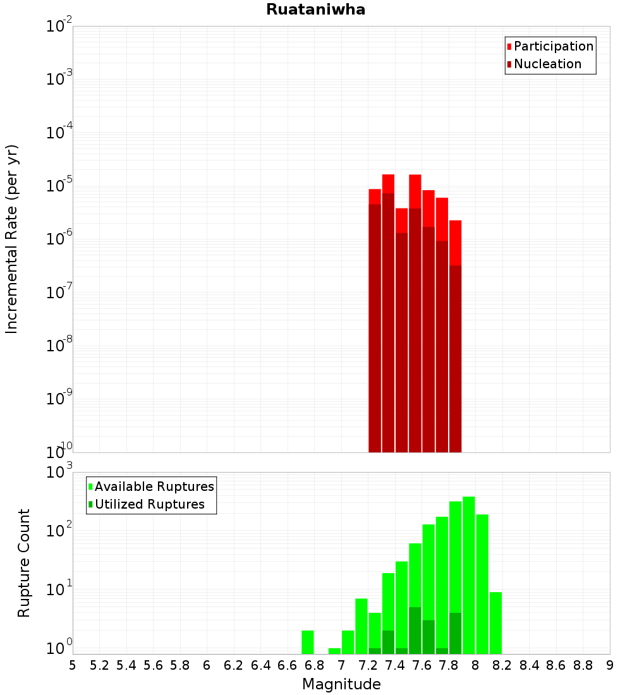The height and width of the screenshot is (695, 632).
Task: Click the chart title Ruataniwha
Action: (315, 9)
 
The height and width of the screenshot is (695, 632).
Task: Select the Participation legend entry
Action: (553, 46)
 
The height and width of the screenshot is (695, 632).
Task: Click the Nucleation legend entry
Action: (547, 64)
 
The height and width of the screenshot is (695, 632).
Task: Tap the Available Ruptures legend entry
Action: (154, 486)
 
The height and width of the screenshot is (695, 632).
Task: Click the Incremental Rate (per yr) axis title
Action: (12, 239)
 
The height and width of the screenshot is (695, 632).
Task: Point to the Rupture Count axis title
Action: (24, 562)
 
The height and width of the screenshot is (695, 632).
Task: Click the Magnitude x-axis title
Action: (341, 684)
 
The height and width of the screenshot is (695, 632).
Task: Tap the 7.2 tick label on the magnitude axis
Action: (368, 665)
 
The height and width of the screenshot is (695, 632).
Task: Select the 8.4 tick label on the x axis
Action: (529, 665)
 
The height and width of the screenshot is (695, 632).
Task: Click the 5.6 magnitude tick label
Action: (153, 665)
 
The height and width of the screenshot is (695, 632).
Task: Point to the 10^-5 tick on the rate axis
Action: (59, 185)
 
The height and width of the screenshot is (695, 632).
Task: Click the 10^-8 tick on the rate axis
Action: (59, 345)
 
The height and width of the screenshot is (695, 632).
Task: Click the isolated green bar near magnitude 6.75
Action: (308, 642)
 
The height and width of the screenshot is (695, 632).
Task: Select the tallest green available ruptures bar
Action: (468, 575)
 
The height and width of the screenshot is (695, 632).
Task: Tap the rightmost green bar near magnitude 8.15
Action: (495, 622)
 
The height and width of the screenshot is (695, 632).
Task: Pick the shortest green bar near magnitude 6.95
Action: (334, 651)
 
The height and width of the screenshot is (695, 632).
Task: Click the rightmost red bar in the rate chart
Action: (455, 335)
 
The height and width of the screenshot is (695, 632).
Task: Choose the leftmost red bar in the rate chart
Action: (375, 322)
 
